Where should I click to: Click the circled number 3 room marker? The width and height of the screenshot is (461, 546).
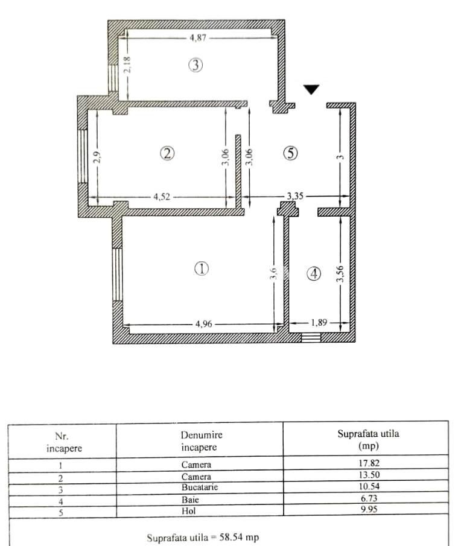(x=196, y=65)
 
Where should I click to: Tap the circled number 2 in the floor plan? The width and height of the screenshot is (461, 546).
(x=167, y=153)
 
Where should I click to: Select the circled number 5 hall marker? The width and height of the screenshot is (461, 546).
(x=290, y=153)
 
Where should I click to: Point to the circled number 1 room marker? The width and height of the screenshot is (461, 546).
(x=202, y=268)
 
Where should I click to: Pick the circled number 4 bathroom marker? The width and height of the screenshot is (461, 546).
(x=314, y=274)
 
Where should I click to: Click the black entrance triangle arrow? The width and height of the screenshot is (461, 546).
(x=311, y=89)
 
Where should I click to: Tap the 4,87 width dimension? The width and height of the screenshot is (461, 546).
(x=198, y=37)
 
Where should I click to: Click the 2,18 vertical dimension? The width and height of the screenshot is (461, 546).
(x=127, y=65)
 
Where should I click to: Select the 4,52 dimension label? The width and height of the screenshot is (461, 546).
(x=162, y=197)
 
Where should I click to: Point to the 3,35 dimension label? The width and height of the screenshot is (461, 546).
(x=295, y=196)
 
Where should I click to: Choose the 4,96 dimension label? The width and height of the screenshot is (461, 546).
(x=204, y=324)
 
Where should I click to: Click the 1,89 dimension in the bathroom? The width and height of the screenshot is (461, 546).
(x=319, y=322)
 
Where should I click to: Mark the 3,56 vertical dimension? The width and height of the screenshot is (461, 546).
(x=341, y=274)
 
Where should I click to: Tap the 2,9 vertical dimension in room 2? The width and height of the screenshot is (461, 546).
(x=98, y=157)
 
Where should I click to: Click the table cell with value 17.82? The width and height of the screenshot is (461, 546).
(x=369, y=463)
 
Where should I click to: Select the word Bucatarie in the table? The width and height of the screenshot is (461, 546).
(x=200, y=487)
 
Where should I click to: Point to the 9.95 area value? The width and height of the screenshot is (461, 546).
(x=369, y=509)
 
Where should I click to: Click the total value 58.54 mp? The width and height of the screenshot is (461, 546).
(x=239, y=537)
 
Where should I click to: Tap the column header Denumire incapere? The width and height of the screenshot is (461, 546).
(x=202, y=441)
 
